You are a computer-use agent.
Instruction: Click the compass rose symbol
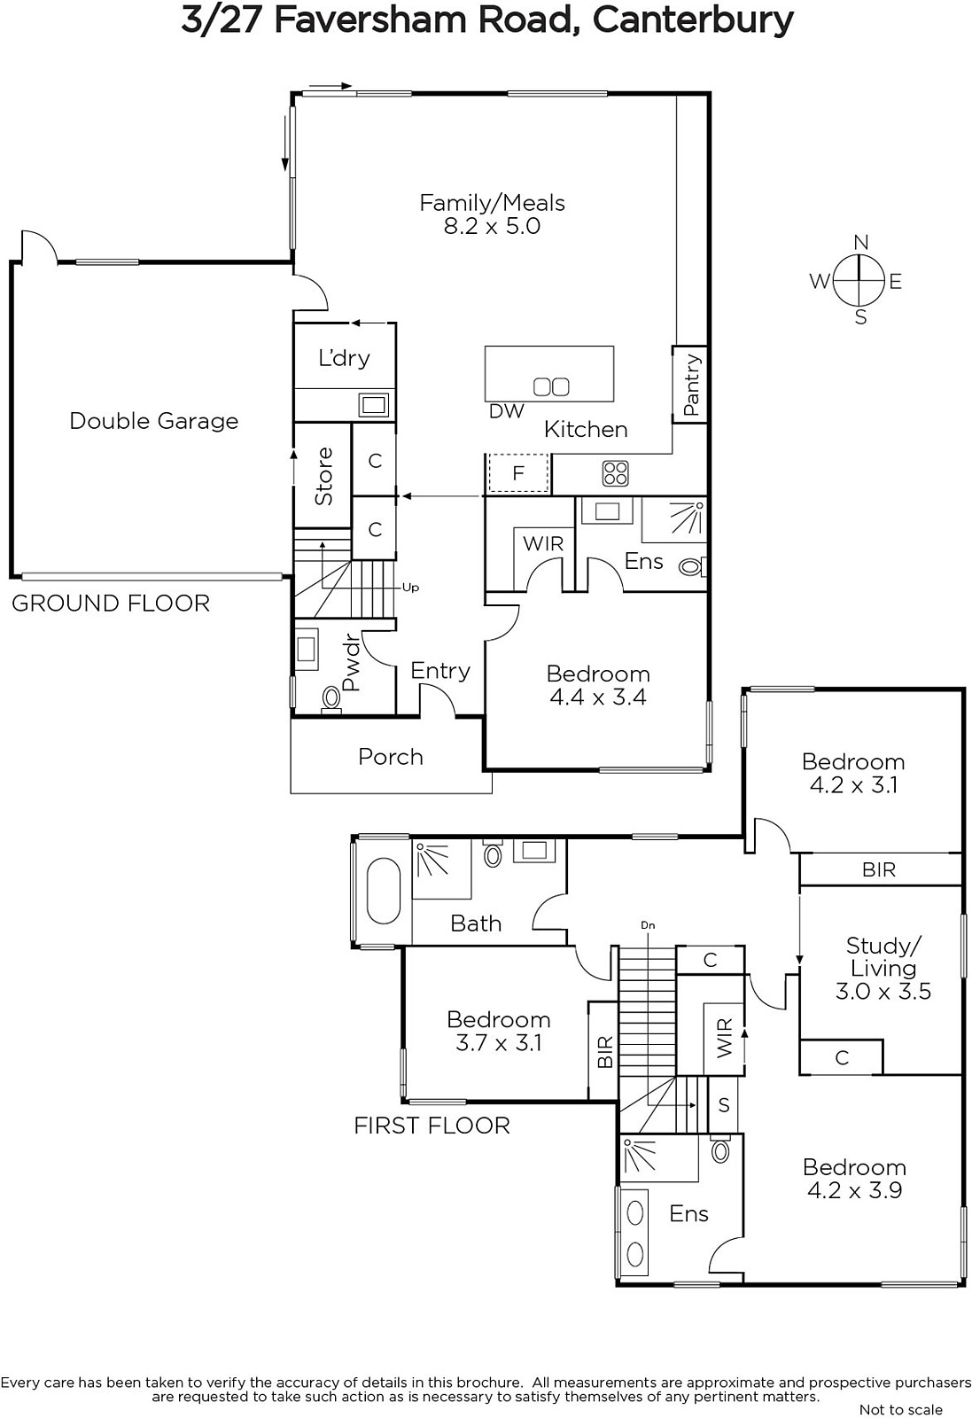[859, 280]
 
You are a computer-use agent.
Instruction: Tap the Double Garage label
[154, 421]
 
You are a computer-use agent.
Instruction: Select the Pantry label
[691, 385]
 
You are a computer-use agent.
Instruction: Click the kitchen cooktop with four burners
[615, 472]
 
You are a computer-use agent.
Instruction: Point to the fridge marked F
[518, 473]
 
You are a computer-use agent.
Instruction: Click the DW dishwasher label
[506, 411]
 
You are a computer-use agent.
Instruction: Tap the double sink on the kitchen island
[551, 386]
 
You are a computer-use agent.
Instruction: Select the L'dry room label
[344, 358]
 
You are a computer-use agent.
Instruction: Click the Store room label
[323, 476]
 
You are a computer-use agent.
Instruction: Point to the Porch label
[391, 757]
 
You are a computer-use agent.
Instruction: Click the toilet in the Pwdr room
[331, 699]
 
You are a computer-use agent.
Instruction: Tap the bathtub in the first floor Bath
[384, 892]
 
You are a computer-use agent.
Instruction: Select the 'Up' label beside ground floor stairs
[411, 588]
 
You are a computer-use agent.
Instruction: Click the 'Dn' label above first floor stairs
[648, 925]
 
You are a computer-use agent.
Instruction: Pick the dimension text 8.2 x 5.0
[492, 226]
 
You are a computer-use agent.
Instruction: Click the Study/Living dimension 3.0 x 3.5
[883, 992]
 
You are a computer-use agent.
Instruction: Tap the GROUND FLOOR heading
[111, 604]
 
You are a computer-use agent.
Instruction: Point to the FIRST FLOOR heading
[432, 1126]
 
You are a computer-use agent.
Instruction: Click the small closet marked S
[723, 1104]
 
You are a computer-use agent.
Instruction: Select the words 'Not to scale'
[900, 1409]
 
